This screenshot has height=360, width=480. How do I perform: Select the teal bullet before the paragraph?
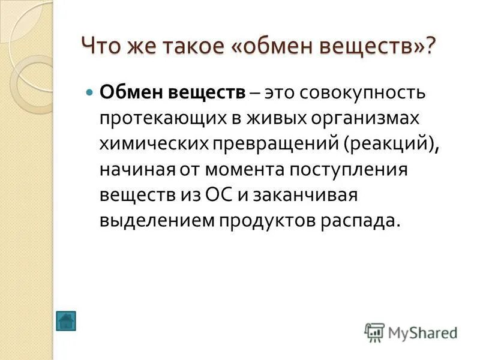click(x=90, y=94)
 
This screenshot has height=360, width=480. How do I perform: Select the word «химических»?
click(x=154, y=145)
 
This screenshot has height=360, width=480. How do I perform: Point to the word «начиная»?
click(x=135, y=170)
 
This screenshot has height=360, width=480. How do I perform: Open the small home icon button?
click(x=65, y=320)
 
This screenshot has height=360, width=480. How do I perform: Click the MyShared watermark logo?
click(x=411, y=332)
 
